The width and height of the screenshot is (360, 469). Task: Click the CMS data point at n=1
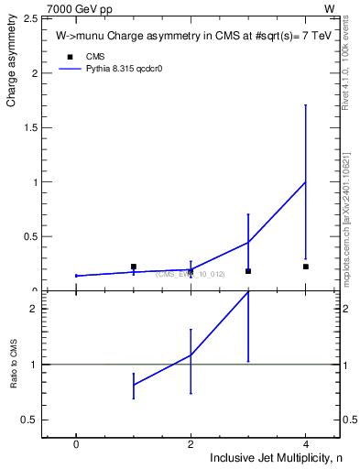coord(134,267)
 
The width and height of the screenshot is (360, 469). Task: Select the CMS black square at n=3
coord(248,271)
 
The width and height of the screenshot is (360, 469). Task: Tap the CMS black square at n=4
coord(306,267)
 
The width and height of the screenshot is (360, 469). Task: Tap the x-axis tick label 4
coord(305,443)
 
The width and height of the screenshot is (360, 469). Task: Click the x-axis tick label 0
coord(76,443)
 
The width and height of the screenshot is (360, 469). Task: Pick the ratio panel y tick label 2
coord(32,309)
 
